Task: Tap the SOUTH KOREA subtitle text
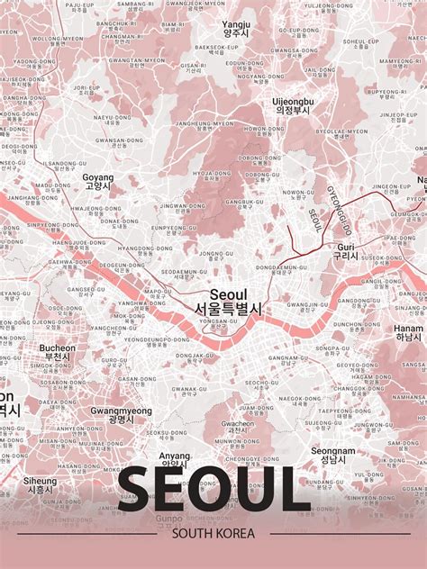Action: tap(213, 534)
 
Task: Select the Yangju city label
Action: tap(237, 24)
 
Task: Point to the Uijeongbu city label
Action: tap(293, 102)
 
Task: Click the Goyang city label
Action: tap(98, 177)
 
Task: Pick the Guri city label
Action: tap(346, 246)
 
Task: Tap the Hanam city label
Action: tap(408, 329)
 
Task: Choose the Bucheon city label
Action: tap(58, 348)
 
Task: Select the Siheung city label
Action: tap(40, 481)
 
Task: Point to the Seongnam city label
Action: tap(333, 452)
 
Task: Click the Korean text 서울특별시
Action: tap(228, 308)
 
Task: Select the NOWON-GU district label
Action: tap(299, 192)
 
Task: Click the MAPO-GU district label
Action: tap(159, 292)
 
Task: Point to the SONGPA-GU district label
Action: tap(333, 348)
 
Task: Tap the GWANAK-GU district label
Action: tap(190, 390)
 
